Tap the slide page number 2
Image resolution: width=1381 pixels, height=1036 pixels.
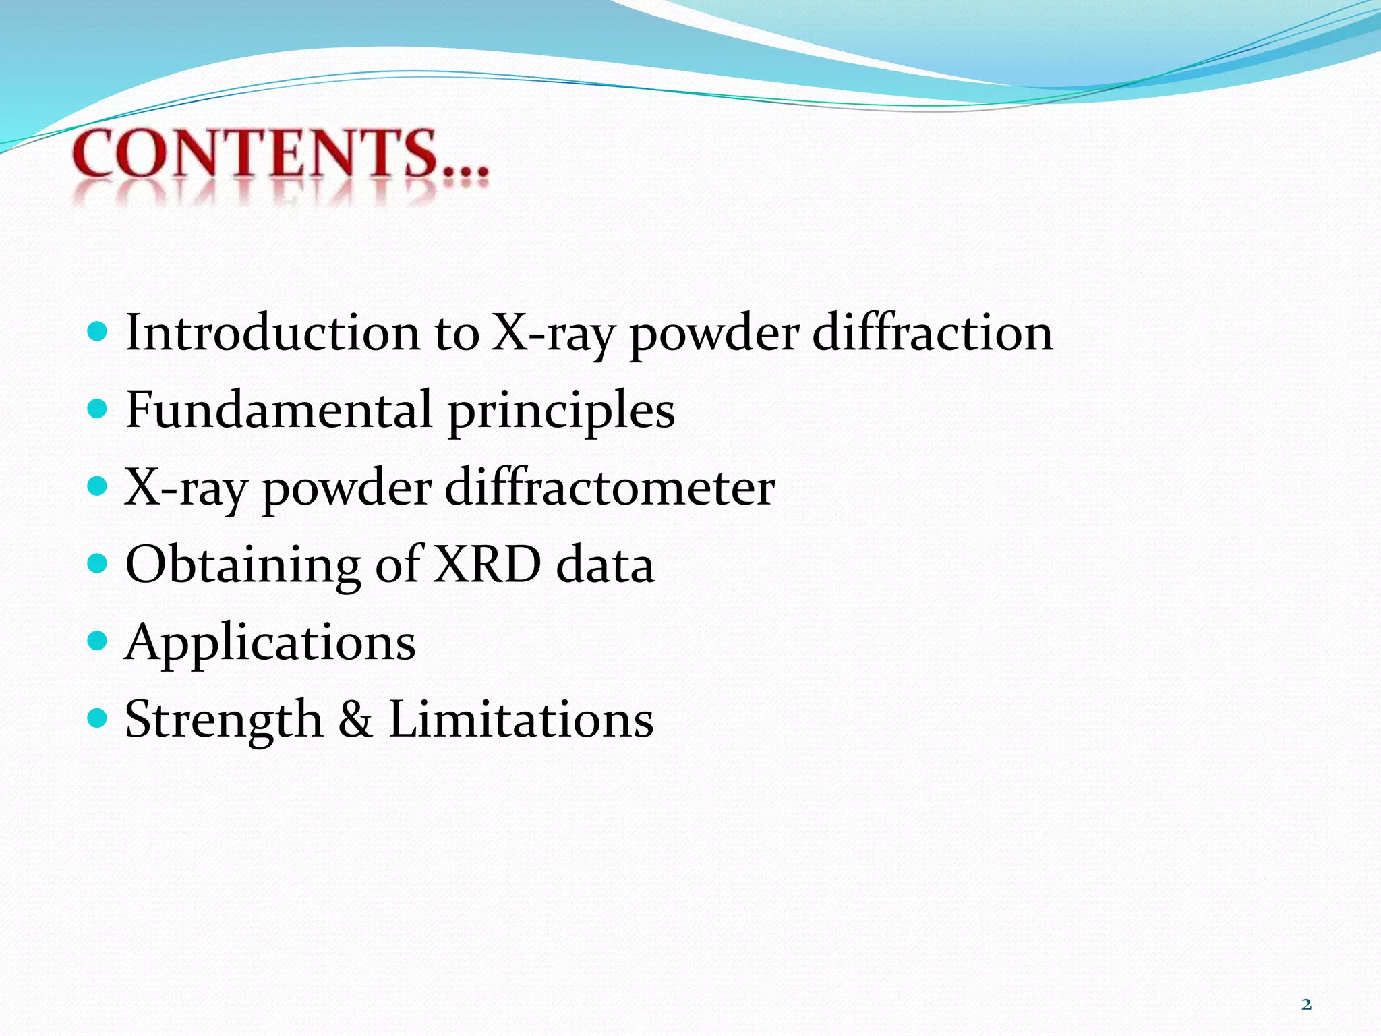(1306, 1004)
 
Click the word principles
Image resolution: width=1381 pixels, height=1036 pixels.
(561, 411)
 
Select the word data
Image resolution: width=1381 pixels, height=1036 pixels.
(605, 565)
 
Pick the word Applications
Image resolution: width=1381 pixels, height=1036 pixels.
(270, 643)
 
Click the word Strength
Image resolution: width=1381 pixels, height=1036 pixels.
(224, 720)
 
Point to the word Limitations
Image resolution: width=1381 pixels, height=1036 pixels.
(521, 719)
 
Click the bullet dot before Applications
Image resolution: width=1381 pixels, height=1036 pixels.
(98, 639)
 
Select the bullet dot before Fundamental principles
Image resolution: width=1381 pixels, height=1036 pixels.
(98, 408)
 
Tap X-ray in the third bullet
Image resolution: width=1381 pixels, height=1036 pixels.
(185, 488)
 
